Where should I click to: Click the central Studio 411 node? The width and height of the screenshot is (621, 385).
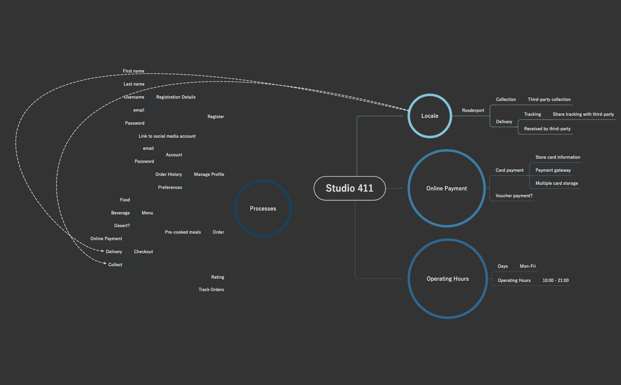pos(350,188)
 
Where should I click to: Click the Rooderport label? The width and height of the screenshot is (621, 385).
pos(473,110)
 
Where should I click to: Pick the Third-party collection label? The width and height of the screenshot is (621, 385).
pos(549,100)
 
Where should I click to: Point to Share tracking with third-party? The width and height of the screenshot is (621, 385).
pos(583,114)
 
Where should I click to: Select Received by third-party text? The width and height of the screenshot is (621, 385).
pos(547,129)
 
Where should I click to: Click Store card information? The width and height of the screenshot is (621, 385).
pos(558,157)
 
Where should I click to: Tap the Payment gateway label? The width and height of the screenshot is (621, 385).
pos(553,170)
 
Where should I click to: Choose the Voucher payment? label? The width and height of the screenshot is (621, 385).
pos(514,196)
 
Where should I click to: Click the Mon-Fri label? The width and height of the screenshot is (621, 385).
pos(527,266)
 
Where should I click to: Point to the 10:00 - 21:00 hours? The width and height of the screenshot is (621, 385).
pos(555,280)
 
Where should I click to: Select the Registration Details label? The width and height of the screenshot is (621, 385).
pos(176,97)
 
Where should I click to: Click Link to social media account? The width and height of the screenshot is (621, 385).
pos(167,136)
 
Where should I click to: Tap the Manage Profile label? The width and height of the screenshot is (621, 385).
pos(209,174)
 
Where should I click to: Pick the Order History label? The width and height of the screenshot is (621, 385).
pos(168,174)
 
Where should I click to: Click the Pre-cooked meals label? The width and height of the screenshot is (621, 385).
pos(183,232)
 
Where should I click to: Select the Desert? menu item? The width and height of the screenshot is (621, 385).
pos(122,226)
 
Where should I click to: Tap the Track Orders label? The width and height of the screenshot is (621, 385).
pos(211,290)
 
